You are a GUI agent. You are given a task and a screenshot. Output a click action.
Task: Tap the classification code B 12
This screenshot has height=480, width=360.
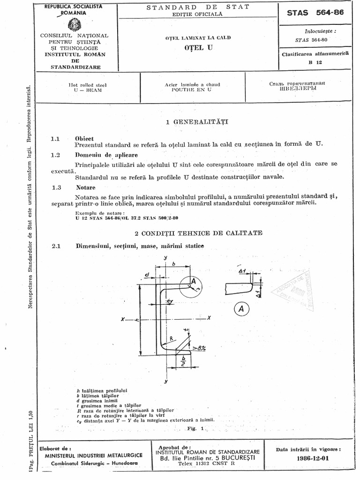309,62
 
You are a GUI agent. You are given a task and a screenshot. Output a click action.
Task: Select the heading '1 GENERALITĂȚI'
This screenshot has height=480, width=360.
197,122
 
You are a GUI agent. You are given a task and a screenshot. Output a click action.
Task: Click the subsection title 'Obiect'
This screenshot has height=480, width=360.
84,139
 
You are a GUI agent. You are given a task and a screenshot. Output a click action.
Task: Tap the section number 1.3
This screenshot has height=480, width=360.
57,187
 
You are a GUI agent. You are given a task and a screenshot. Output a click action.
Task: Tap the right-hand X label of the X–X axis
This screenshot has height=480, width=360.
209,318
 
